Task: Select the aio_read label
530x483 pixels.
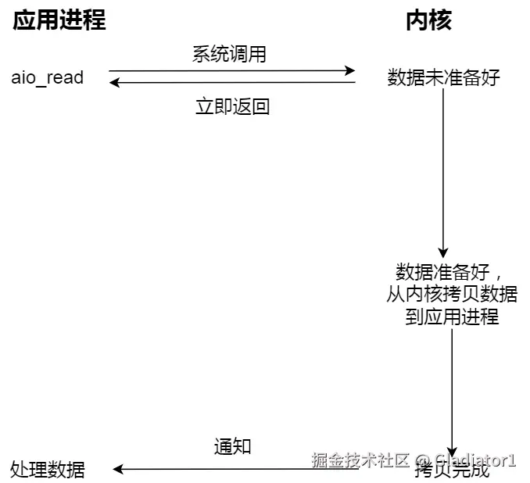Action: [x=48, y=78]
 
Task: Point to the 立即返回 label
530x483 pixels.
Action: [x=232, y=106]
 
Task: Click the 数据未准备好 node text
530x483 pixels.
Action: [x=443, y=77]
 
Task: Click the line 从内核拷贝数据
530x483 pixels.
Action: [x=452, y=295]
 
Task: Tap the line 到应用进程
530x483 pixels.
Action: [x=452, y=317]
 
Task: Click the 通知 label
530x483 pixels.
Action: [x=232, y=446]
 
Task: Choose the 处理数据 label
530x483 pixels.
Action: [x=48, y=470]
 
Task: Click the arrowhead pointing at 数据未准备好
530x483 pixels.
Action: [x=351, y=70]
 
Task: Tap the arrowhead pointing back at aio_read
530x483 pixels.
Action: [x=114, y=83]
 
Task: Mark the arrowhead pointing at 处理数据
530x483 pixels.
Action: [x=118, y=470]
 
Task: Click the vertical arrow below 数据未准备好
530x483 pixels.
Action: [x=443, y=172]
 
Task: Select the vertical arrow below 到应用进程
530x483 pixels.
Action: [x=451, y=391]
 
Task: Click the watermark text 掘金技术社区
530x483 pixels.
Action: [x=360, y=460]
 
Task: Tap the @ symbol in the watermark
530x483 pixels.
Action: [x=422, y=460]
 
